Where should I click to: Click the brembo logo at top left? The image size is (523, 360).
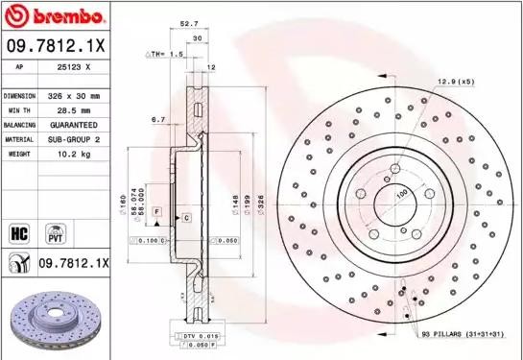click(x=54, y=16)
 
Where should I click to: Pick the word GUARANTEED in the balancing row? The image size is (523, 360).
click(x=73, y=125)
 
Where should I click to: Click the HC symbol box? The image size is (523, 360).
click(x=17, y=231)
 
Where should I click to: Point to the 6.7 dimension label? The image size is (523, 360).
click(x=158, y=120)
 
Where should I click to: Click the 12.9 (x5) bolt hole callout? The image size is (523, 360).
click(x=456, y=82)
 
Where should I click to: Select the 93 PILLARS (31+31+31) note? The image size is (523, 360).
click(x=463, y=332)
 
